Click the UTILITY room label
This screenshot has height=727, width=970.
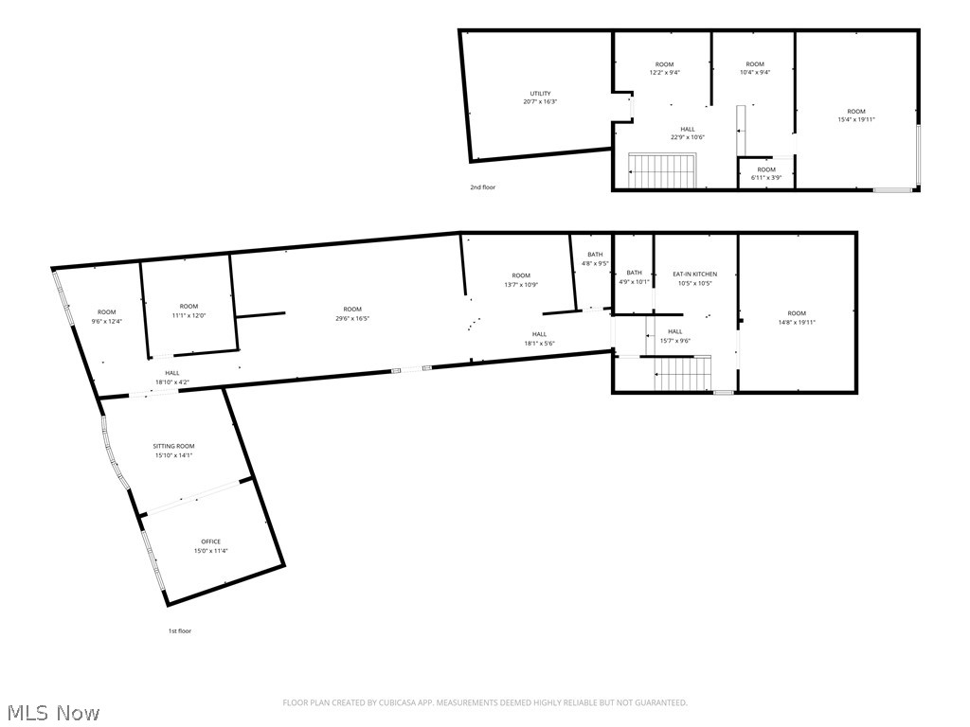pyautogui.click(x=540, y=94)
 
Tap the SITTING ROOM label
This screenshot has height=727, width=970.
pyautogui.click(x=174, y=446)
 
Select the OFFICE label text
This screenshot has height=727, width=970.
pyautogui.click(x=211, y=541)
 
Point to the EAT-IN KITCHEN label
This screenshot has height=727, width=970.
pyautogui.click(x=695, y=274)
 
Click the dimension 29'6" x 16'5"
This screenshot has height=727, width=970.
pyautogui.click(x=352, y=318)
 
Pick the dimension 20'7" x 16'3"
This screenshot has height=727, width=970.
pyautogui.click(x=540, y=101)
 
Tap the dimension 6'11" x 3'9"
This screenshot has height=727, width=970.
pyautogui.click(x=766, y=177)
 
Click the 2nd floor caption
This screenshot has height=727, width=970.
pyautogui.click(x=482, y=187)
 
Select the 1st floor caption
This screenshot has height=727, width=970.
pyautogui.click(x=180, y=631)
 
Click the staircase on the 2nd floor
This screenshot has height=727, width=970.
pyautogui.click(x=662, y=170)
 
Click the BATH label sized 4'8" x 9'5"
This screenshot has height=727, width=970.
pyautogui.click(x=595, y=255)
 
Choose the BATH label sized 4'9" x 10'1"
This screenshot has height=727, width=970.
pyautogui.click(x=634, y=273)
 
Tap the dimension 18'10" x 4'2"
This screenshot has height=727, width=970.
pyautogui.click(x=172, y=382)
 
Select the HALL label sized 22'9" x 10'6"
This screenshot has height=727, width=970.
pyautogui.click(x=688, y=129)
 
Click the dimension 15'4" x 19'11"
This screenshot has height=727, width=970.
pyautogui.click(x=856, y=120)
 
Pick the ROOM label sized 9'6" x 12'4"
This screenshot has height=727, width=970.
pyautogui.click(x=106, y=312)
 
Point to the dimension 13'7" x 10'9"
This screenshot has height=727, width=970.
pyautogui.click(x=521, y=285)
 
